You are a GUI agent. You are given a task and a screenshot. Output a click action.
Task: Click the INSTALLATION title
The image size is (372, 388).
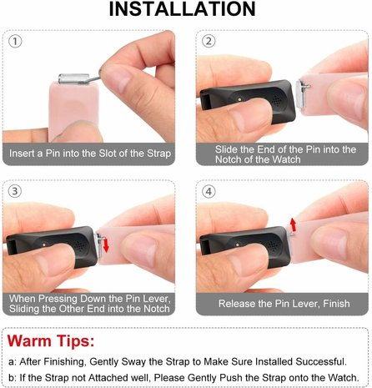185,9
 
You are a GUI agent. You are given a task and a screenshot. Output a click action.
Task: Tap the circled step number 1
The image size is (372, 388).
16,40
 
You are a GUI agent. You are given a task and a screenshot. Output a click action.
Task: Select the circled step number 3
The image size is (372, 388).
16,190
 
